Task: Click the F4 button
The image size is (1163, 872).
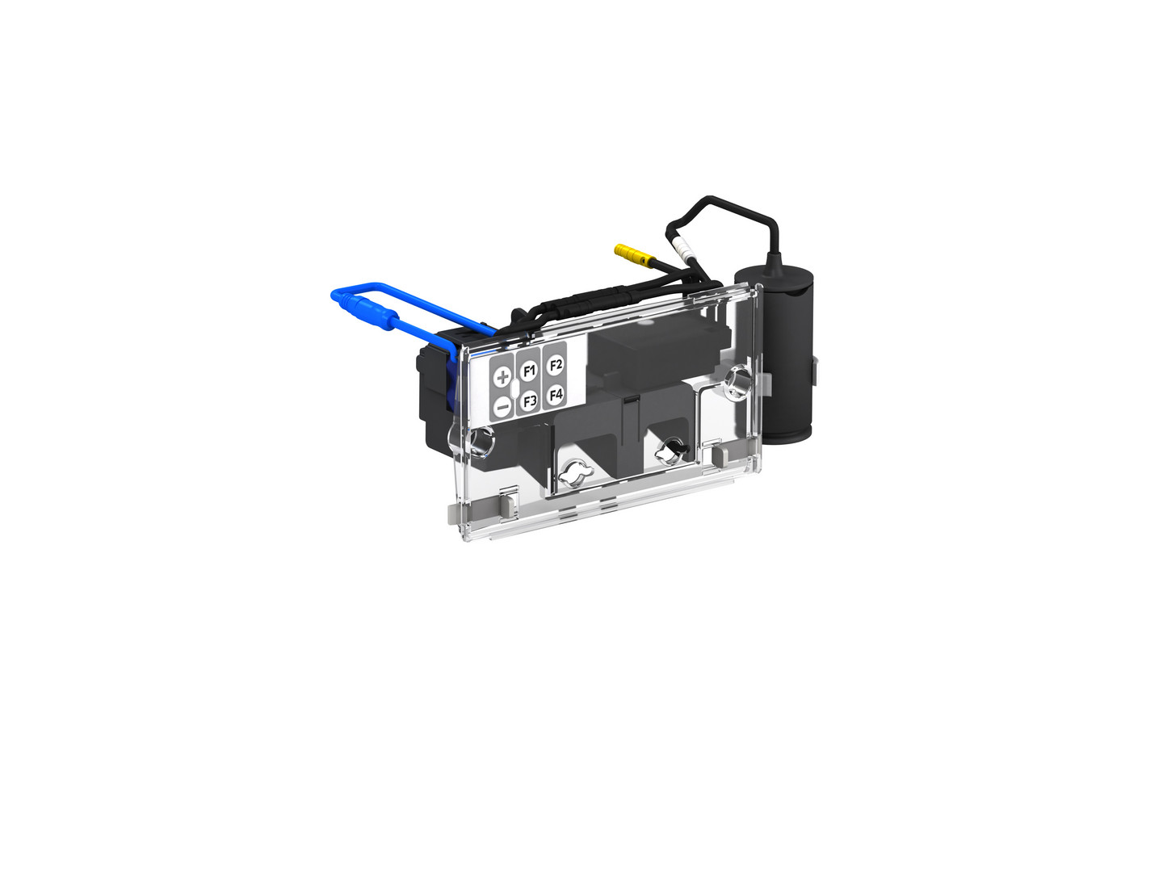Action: coord(556,395)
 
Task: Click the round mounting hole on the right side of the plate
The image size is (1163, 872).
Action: coord(737,380)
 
